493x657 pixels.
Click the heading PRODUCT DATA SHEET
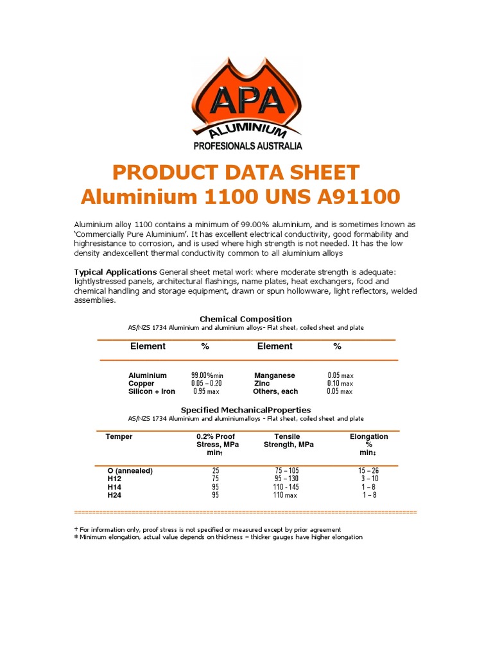click(x=236, y=173)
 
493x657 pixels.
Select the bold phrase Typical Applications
click(x=116, y=272)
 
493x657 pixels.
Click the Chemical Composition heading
click(x=246, y=319)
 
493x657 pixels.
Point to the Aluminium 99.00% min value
click(x=207, y=375)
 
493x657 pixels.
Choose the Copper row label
click(x=141, y=383)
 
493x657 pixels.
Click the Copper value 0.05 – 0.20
click(x=207, y=383)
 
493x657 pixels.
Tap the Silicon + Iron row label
click(x=151, y=391)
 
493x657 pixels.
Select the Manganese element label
click(x=275, y=375)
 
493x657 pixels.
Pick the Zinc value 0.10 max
click(x=340, y=383)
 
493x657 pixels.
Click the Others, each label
click(x=275, y=391)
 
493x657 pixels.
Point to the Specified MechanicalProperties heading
click(x=246, y=409)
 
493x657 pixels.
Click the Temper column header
click(x=119, y=437)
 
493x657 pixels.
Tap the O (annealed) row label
click(x=130, y=471)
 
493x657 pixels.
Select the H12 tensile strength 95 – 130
click(x=286, y=479)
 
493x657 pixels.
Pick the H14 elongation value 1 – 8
click(x=369, y=487)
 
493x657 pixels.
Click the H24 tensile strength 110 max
click(x=286, y=495)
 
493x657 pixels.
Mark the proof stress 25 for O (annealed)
click(x=216, y=471)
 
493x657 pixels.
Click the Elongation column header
click(x=368, y=437)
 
